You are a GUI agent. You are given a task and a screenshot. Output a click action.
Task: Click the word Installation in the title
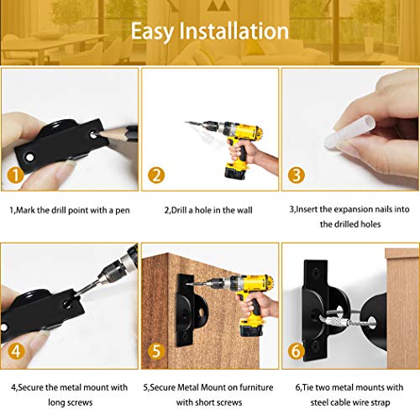click(234, 31)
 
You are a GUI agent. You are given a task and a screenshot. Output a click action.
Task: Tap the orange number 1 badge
click(15, 176)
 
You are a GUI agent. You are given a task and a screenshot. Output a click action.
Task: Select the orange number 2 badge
click(156, 176)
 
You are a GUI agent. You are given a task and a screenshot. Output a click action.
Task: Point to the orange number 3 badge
click(297, 176)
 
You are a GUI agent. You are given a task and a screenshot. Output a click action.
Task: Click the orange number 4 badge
click(16, 351)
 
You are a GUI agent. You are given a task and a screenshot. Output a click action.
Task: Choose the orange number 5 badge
click(156, 351)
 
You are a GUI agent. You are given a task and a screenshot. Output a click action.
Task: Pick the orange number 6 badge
click(297, 351)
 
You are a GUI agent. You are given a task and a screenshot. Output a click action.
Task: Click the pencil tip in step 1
click(97, 134)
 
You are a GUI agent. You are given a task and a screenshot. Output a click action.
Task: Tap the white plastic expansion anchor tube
click(349, 132)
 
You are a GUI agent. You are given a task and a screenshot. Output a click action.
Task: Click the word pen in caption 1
click(123, 211)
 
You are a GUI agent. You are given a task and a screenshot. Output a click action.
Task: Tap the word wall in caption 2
click(244, 210)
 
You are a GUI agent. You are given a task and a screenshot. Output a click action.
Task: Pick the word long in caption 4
click(56, 402)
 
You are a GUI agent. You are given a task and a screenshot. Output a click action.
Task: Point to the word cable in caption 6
click(344, 402)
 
